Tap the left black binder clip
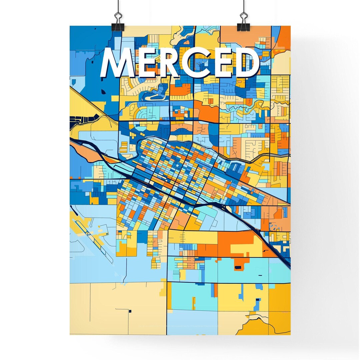tap(118, 22)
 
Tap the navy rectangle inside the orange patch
tap(238, 267)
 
